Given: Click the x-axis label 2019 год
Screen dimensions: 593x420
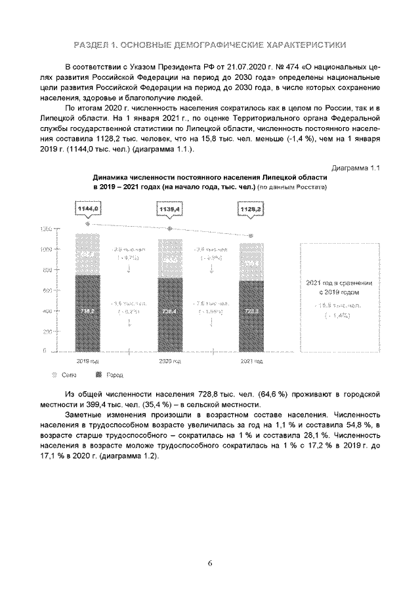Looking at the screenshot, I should pos(87,361).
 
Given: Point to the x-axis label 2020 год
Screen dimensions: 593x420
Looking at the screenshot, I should pos(169,361).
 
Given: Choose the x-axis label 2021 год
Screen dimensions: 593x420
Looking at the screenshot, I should pos(251,361).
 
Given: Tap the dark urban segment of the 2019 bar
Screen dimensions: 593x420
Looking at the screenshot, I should pos(87,313).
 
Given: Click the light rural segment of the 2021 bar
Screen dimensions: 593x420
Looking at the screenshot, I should pos(251,261).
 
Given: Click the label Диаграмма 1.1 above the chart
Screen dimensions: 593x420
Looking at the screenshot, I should pos(356,168).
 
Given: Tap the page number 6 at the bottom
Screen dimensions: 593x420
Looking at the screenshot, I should pos(210,562).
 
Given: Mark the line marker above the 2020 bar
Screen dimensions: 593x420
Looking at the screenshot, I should pos(170,228).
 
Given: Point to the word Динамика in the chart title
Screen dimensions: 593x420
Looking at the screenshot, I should pos(112,178).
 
